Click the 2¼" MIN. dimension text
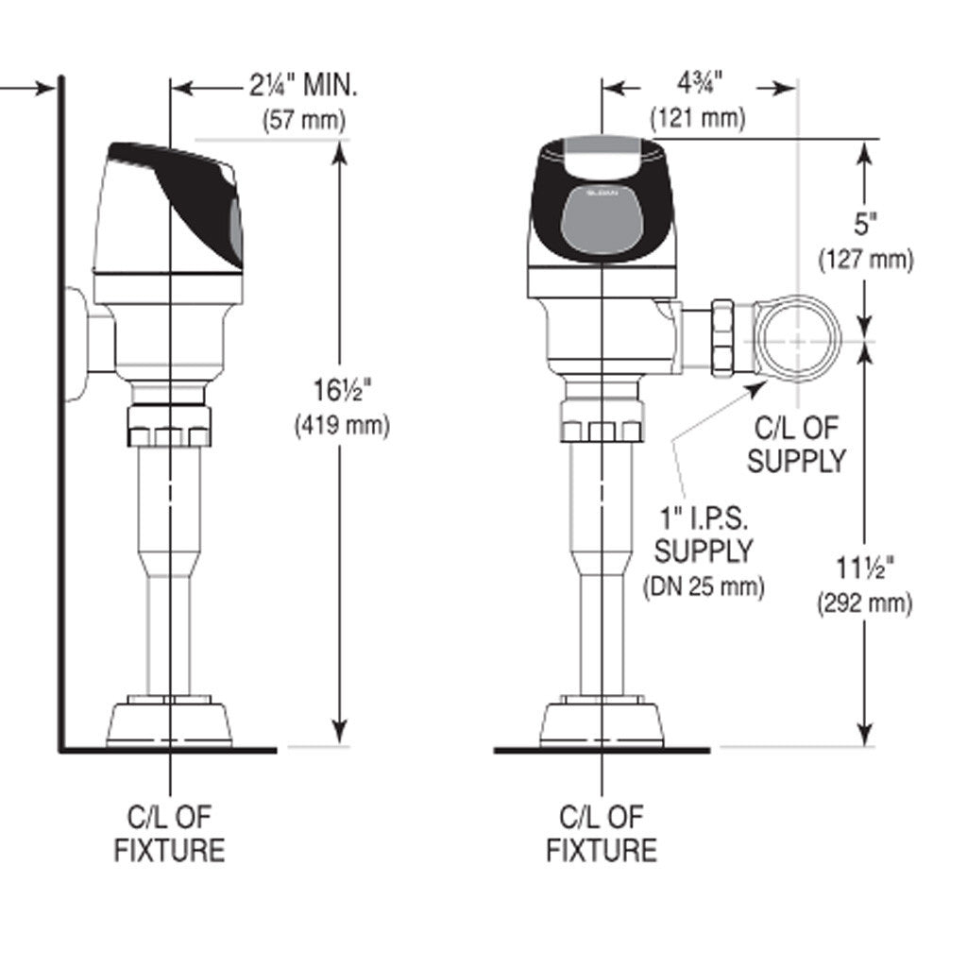tap(303, 87)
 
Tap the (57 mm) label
tap(303, 121)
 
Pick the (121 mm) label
tap(698, 119)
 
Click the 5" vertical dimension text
tap(866, 225)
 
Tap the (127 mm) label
tap(866, 260)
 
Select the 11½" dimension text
tap(864, 568)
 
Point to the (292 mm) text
tap(865, 603)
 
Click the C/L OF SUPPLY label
tap(796, 444)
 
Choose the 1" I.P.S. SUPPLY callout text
tap(704, 534)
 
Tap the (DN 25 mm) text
tap(704, 586)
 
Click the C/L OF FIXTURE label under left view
tap(170, 833)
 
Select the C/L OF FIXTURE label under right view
tap(602, 833)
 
